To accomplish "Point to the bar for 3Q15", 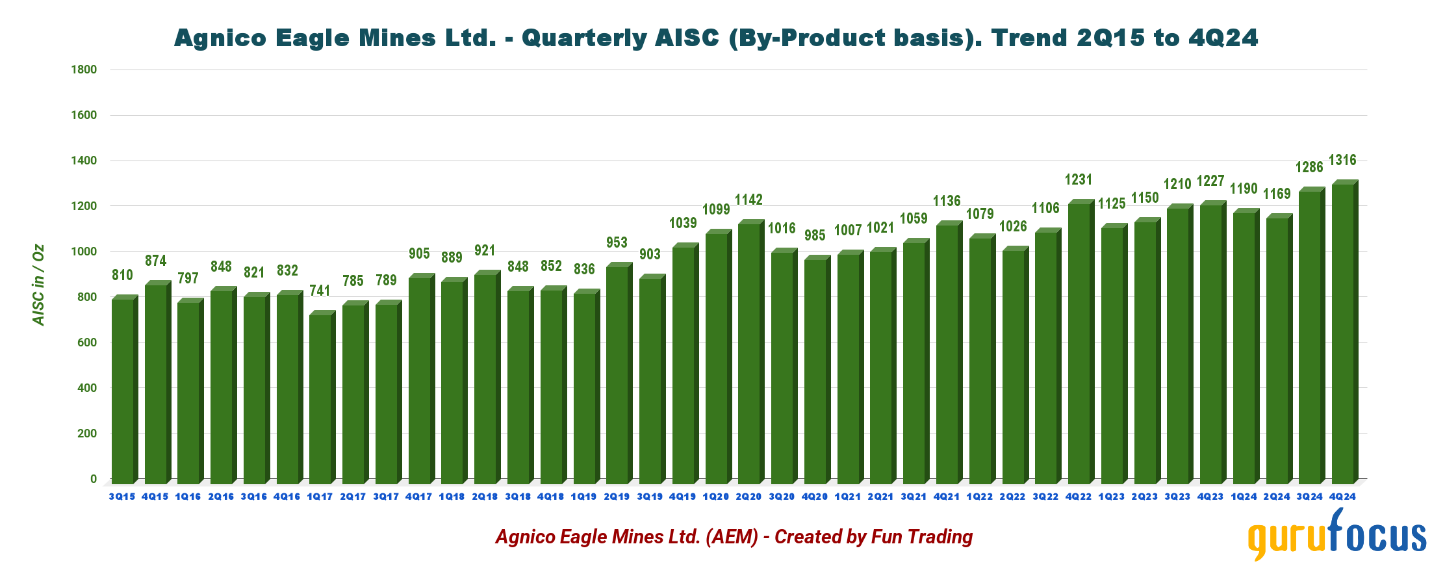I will (x=122, y=390).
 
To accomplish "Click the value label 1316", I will (x=1342, y=160).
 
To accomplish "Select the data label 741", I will (x=320, y=291).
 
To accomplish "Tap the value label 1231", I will (x=1079, y=179).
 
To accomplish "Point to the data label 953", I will (x=617, y=242).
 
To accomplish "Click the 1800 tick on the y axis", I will (x=84, y=70).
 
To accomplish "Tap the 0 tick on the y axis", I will (x=94, y=479).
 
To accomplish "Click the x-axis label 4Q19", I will (x=682, y=497).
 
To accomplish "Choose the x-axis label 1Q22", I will (x=979, y=497).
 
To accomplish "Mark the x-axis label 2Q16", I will (x=221, y=497).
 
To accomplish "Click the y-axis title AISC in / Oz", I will (x=39, y=285).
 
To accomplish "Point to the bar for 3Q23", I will (x=1178, y=345).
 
